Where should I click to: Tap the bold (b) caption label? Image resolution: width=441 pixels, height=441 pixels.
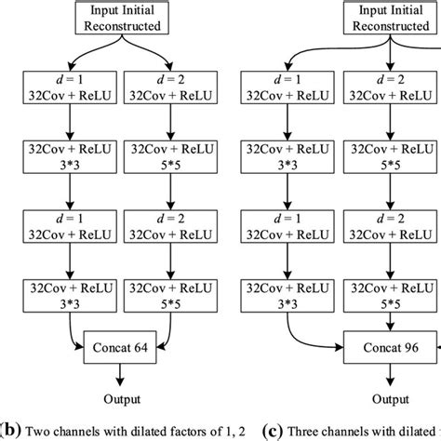click(7, 430)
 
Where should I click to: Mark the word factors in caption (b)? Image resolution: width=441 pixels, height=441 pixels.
click(162, 430)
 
